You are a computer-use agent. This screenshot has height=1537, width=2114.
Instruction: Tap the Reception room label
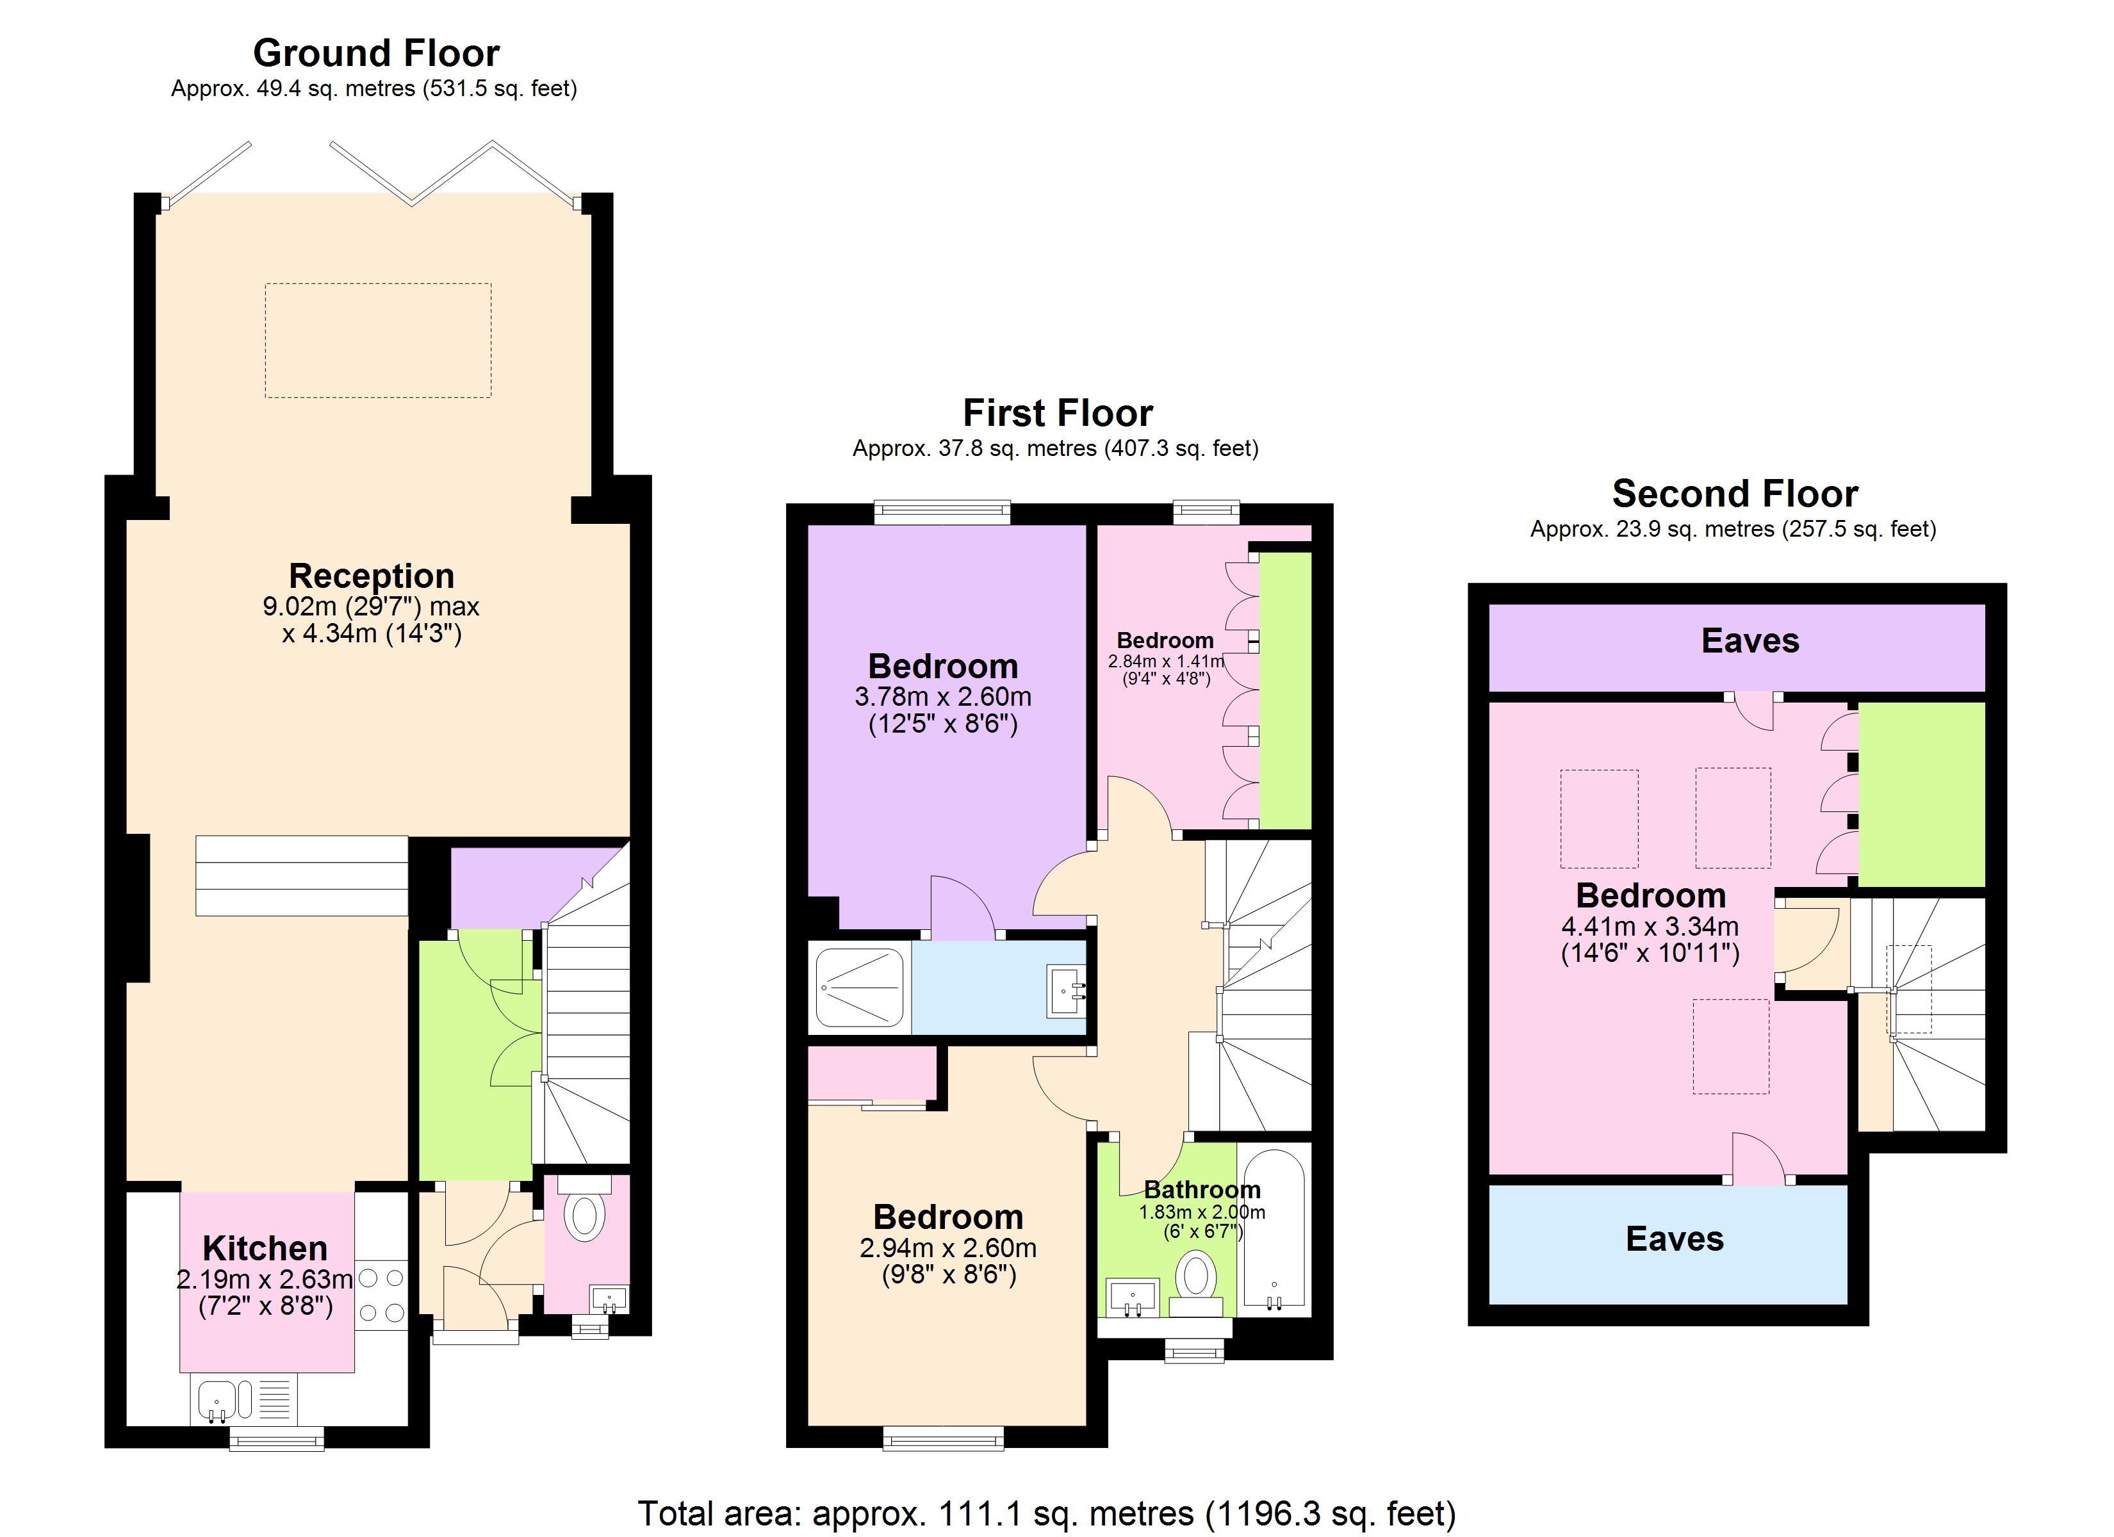tap(371, 575)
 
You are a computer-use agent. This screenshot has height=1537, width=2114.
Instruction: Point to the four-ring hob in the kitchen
tap(381, 1296)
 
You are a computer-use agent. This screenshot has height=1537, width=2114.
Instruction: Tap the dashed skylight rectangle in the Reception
tap(377, 340)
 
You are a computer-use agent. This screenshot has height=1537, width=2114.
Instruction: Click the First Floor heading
tap(1057, 413)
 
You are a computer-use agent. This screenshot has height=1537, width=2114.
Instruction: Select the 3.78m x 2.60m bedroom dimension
tap(942, 696)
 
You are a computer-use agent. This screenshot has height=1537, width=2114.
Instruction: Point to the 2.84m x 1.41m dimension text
tap(1165, 662)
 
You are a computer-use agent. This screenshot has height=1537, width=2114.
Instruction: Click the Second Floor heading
tap(1735, 493)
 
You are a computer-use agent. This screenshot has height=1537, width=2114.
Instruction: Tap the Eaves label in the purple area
tap(1749, 641)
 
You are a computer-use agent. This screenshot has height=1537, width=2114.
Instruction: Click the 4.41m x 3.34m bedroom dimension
tap(1650, 927)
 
